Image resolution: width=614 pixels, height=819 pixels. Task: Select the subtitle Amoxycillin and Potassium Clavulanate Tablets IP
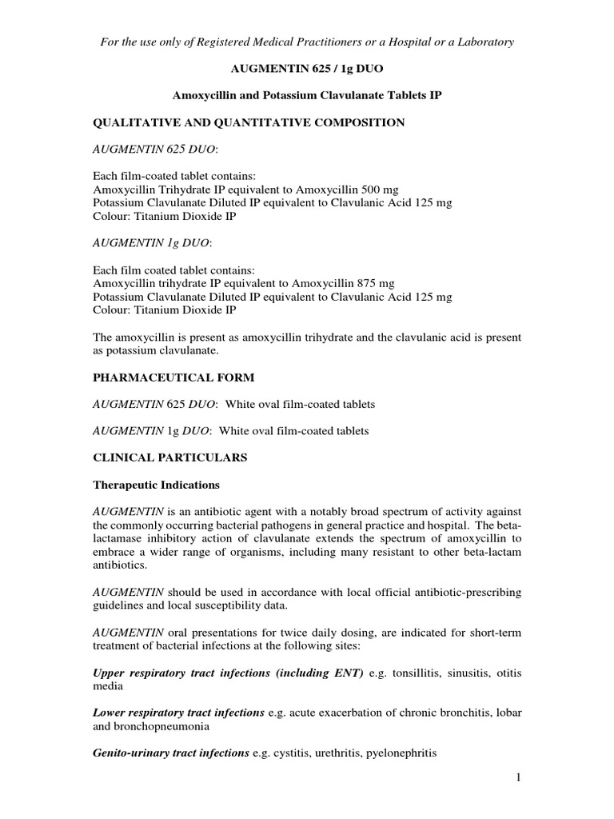coord(308,95)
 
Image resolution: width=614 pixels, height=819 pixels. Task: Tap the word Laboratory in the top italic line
coord(484,41)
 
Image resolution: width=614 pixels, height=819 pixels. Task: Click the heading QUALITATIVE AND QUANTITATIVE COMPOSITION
coord(249,122)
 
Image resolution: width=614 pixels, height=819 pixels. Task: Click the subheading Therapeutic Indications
coord(157,485)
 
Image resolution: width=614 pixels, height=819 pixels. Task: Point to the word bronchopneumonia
coord(162,726)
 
